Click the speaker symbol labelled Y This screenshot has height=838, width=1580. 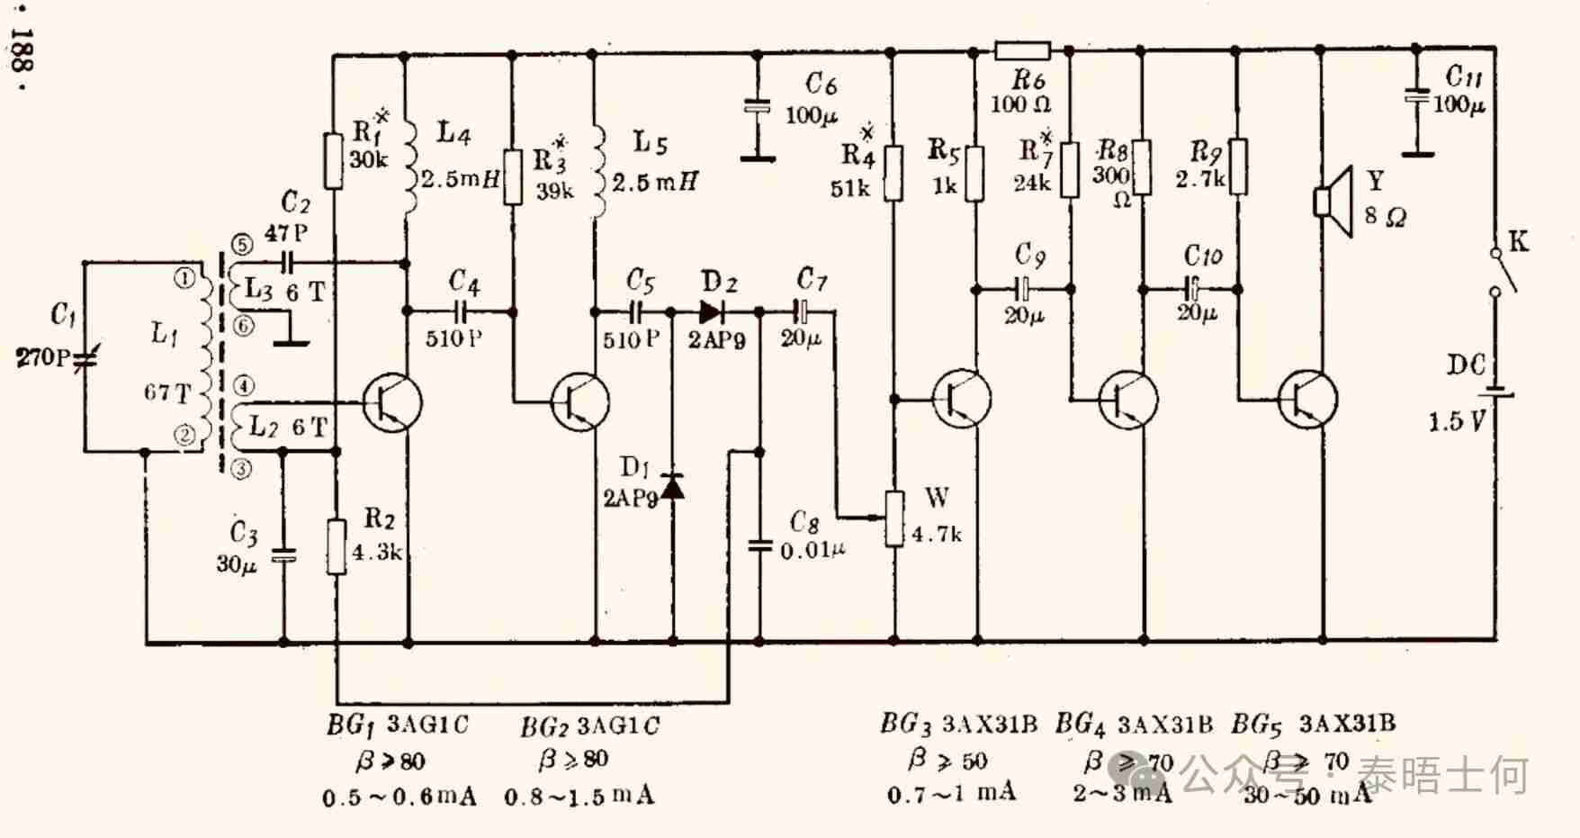[1333, 201]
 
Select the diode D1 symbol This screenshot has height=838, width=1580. [672, 487]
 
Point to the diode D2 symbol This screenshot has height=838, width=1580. [711, 312]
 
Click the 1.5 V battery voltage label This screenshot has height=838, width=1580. [1456, 420]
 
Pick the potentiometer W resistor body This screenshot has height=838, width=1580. [894, 518]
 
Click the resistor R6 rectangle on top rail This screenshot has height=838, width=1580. [1023, 50]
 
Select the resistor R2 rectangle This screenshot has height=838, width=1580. [337, 546]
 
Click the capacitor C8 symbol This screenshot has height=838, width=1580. [760, 545]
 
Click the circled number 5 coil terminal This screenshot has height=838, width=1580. [242, 245]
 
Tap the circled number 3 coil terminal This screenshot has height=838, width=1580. [241, 469]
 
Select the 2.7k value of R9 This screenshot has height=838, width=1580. [1198, 179]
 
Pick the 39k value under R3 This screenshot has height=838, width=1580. [554, 191]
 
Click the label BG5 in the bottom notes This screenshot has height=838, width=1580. [1255, 724]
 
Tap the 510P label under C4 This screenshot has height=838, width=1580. [453, 338]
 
